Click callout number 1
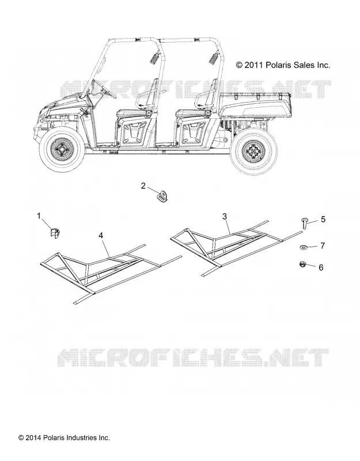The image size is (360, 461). (39, 216)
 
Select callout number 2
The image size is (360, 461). (143, 186)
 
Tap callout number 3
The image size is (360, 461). (225, 217)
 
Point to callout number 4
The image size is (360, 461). (101, 236)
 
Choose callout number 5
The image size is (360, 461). (323, 220)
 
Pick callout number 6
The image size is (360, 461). (321, 267)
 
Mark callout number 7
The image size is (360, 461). (323, 245)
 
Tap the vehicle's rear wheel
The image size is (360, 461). (253, 152)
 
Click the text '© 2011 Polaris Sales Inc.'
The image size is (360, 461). (283, 65)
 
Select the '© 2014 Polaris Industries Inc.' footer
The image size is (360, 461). (64, 438)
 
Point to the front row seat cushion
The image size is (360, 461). (132, 112)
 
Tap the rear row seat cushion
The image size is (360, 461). (192, 112)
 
